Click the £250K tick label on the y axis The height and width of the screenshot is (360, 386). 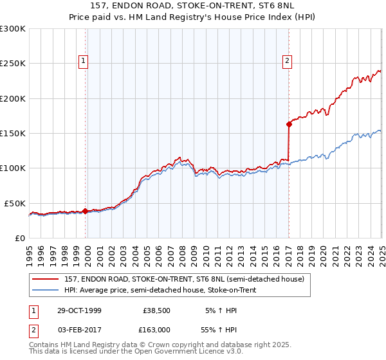[13, 64]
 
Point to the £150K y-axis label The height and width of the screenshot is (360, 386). [13, 133]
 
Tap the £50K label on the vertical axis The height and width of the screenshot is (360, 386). [15, 203]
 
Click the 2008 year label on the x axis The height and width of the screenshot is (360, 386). [182, 254]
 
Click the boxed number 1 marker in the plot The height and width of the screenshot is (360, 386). [84, 61]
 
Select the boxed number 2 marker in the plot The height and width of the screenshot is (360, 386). [287, 61]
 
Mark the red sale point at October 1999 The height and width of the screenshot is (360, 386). [86, 211]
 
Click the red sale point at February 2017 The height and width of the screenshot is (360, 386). [289, 125]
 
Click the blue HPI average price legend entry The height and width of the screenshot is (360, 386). [160, 291]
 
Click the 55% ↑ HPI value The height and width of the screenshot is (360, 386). [221, 330]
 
